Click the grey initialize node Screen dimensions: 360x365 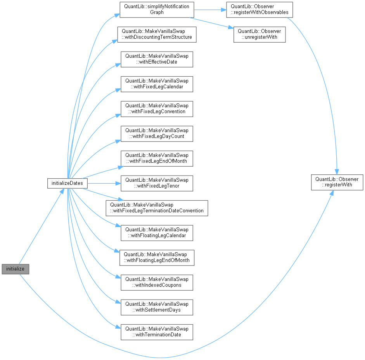[x=16, y=269]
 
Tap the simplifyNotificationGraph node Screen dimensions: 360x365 [x=157, y=9]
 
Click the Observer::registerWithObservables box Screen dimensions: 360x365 [x=259, y=9]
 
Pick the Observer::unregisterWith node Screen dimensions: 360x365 [x=259, y=34]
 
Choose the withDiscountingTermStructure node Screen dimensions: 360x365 [x=157, y=34]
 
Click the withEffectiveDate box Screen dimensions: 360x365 [x=157, y=59]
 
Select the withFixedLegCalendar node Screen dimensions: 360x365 [x=157, y=84]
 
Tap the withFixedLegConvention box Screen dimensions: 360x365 [x=157, y=109]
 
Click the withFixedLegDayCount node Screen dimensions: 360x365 [x=157, y=133]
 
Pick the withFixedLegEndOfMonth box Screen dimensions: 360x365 [x=157, y=158]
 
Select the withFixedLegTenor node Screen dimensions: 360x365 [x=157, y=183]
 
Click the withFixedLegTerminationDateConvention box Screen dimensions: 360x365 [x=157, y=208]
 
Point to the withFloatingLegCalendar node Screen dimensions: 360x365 [x=157, y=233]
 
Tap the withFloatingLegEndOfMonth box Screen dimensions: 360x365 [x=157, y=257]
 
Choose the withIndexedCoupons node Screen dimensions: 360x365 [x=157, y=282]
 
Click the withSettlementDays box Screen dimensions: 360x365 [x=157, y=307]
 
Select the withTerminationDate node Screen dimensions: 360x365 [x=157, y=332]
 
